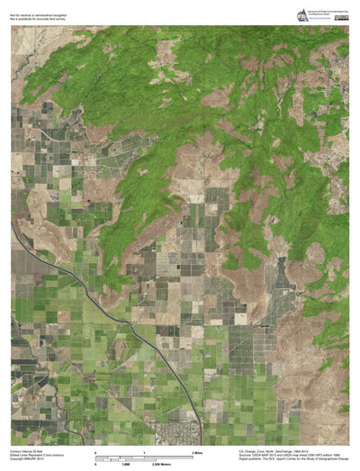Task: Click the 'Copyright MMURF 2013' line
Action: tap(28, 458)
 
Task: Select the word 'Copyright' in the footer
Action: tap(18, 458)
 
